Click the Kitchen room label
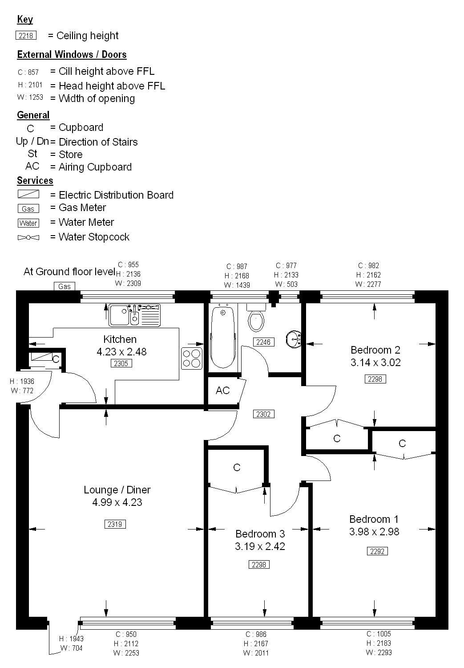click(x=120, y=339)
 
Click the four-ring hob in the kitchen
click(x=191, y=358)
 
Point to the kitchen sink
click(x=134, y=315)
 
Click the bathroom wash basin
click(x=294, y=339)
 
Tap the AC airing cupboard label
click(x=222, y=391)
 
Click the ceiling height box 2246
click(x=263, y=342)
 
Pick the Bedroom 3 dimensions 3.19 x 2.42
click(x=260, y=546)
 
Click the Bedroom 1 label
click(x=374, y=519)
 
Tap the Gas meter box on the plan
click(x=65, y=286)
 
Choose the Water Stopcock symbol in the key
click(x=28, y=238)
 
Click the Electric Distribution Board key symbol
click(x=28, y=194)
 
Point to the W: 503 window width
click(x=286, y=284)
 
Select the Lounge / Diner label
click(x=117, y=490)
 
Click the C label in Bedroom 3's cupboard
click(x=237, y=467)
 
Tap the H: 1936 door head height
click(x=22, y=381)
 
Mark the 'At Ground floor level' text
click(x=69, y=272)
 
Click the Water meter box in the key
click(x=28, y=223)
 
